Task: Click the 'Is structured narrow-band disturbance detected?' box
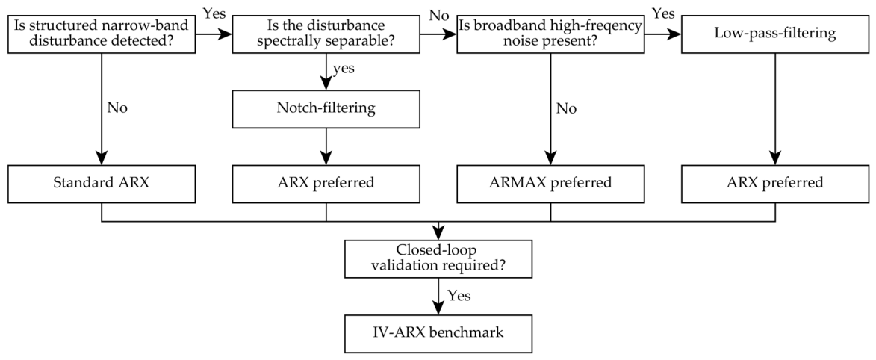point(102,34)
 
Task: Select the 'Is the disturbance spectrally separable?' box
point(326,34)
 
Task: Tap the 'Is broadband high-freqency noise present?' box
point(550,34)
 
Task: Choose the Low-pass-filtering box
point(775,34)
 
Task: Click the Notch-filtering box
point(326,108)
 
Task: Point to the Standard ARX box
point(102,183)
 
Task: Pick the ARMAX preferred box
point(550,183)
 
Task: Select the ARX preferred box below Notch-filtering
point(326,183)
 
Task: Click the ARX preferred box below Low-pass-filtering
point(775,183)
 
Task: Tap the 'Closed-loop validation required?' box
point(438,258)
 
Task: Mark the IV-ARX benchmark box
point(438,333)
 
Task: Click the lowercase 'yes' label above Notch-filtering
point(344,69)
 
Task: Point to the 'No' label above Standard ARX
point(117,108)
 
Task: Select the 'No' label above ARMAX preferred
point(566,108)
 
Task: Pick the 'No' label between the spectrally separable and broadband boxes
point(438,14)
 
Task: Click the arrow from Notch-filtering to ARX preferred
point(326,146)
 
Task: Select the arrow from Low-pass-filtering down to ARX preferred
point(775,109)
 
